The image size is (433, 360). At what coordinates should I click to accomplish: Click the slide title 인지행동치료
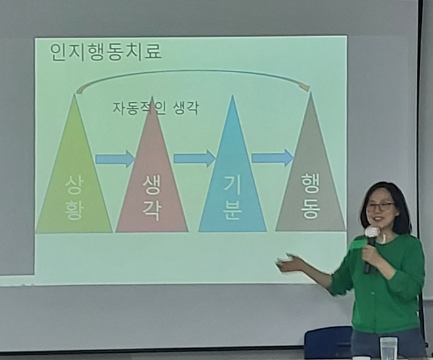click(x=106, y=52)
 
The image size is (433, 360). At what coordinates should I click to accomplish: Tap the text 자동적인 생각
click(x=155, y=107)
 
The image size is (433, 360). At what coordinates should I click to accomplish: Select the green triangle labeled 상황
click(x=74, y=184)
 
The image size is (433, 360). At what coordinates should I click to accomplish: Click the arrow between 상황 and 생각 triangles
click(x=114, y=159)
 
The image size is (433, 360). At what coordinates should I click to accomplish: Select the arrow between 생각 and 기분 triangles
click(x=194, y=158)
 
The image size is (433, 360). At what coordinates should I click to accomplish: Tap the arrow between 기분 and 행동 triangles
click(x=272, y=157)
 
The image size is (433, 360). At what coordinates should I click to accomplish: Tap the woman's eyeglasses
click(x=381, y=206)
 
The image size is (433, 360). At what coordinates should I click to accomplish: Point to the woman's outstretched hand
click(x=289, y=264)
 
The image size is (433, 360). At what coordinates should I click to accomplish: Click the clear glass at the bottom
click(x=388, y=348)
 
